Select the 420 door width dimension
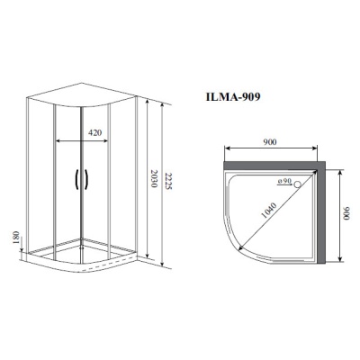(x=93, y=132)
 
